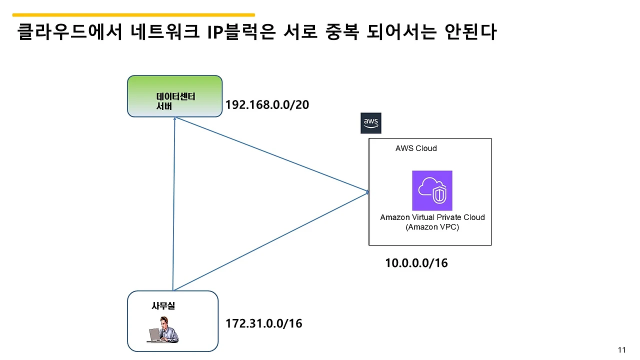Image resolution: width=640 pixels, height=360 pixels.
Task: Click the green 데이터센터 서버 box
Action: click(174, 96)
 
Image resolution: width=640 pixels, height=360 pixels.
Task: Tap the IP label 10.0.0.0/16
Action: click(416, 263)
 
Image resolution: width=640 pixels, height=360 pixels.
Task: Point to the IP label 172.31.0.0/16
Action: click(264, 323)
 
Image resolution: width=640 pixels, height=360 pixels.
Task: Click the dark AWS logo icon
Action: click(370, 123)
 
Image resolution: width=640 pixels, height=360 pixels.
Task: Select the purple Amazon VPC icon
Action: click(432, 190)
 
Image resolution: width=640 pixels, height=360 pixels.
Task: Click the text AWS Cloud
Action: click(416, 148)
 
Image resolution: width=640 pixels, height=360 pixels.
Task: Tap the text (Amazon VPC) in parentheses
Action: click(432, 227)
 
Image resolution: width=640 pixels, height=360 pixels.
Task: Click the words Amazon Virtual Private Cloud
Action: click(432, 217)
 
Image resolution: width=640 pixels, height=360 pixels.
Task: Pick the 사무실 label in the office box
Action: click(163, 306)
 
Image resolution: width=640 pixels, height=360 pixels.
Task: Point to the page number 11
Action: click(622, 350)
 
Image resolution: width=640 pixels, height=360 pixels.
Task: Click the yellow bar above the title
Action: click(133, 15)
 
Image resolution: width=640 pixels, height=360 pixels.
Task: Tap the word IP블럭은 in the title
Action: click(241, 32)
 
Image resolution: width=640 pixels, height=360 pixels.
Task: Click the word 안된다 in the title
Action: click(469, 32)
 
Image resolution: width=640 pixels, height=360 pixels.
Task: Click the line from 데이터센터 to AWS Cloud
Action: click(270, 154)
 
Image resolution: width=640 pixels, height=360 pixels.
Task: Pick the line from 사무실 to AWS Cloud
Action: click(270, 241)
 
